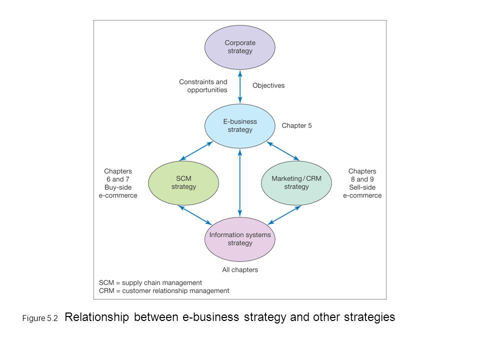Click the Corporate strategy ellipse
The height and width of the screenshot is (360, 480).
click(239, 47)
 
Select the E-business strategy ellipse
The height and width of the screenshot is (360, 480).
click(239, 126)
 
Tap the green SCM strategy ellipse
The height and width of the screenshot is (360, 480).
click(183, 183)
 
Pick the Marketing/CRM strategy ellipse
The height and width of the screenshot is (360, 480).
click(296, 183)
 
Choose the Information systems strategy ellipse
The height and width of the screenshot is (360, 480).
click(239, 239)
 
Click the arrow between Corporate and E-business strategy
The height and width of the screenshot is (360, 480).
click(240, 87)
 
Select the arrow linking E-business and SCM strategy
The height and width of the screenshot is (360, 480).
click(196, 151)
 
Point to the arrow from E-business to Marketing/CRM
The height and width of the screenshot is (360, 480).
click(283, 151)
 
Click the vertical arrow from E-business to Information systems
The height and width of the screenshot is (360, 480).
click(240, 183)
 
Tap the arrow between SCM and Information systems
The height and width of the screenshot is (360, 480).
click(195, 215)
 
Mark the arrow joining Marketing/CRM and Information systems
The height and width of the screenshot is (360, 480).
click(284, 215)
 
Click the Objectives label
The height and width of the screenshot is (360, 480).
click(268, 85)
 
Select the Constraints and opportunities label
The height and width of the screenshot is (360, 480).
click(203, 86)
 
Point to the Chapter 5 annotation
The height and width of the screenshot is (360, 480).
click(296, 125)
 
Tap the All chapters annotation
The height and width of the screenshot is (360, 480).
click(240, 269)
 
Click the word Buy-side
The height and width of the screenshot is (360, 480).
click(118, 187)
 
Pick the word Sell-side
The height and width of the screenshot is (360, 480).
click(362, 187)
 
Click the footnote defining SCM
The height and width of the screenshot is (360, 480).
click(150, 282)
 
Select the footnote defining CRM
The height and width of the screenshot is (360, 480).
click(164, 290)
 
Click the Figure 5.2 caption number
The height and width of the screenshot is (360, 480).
click(40, 318)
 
